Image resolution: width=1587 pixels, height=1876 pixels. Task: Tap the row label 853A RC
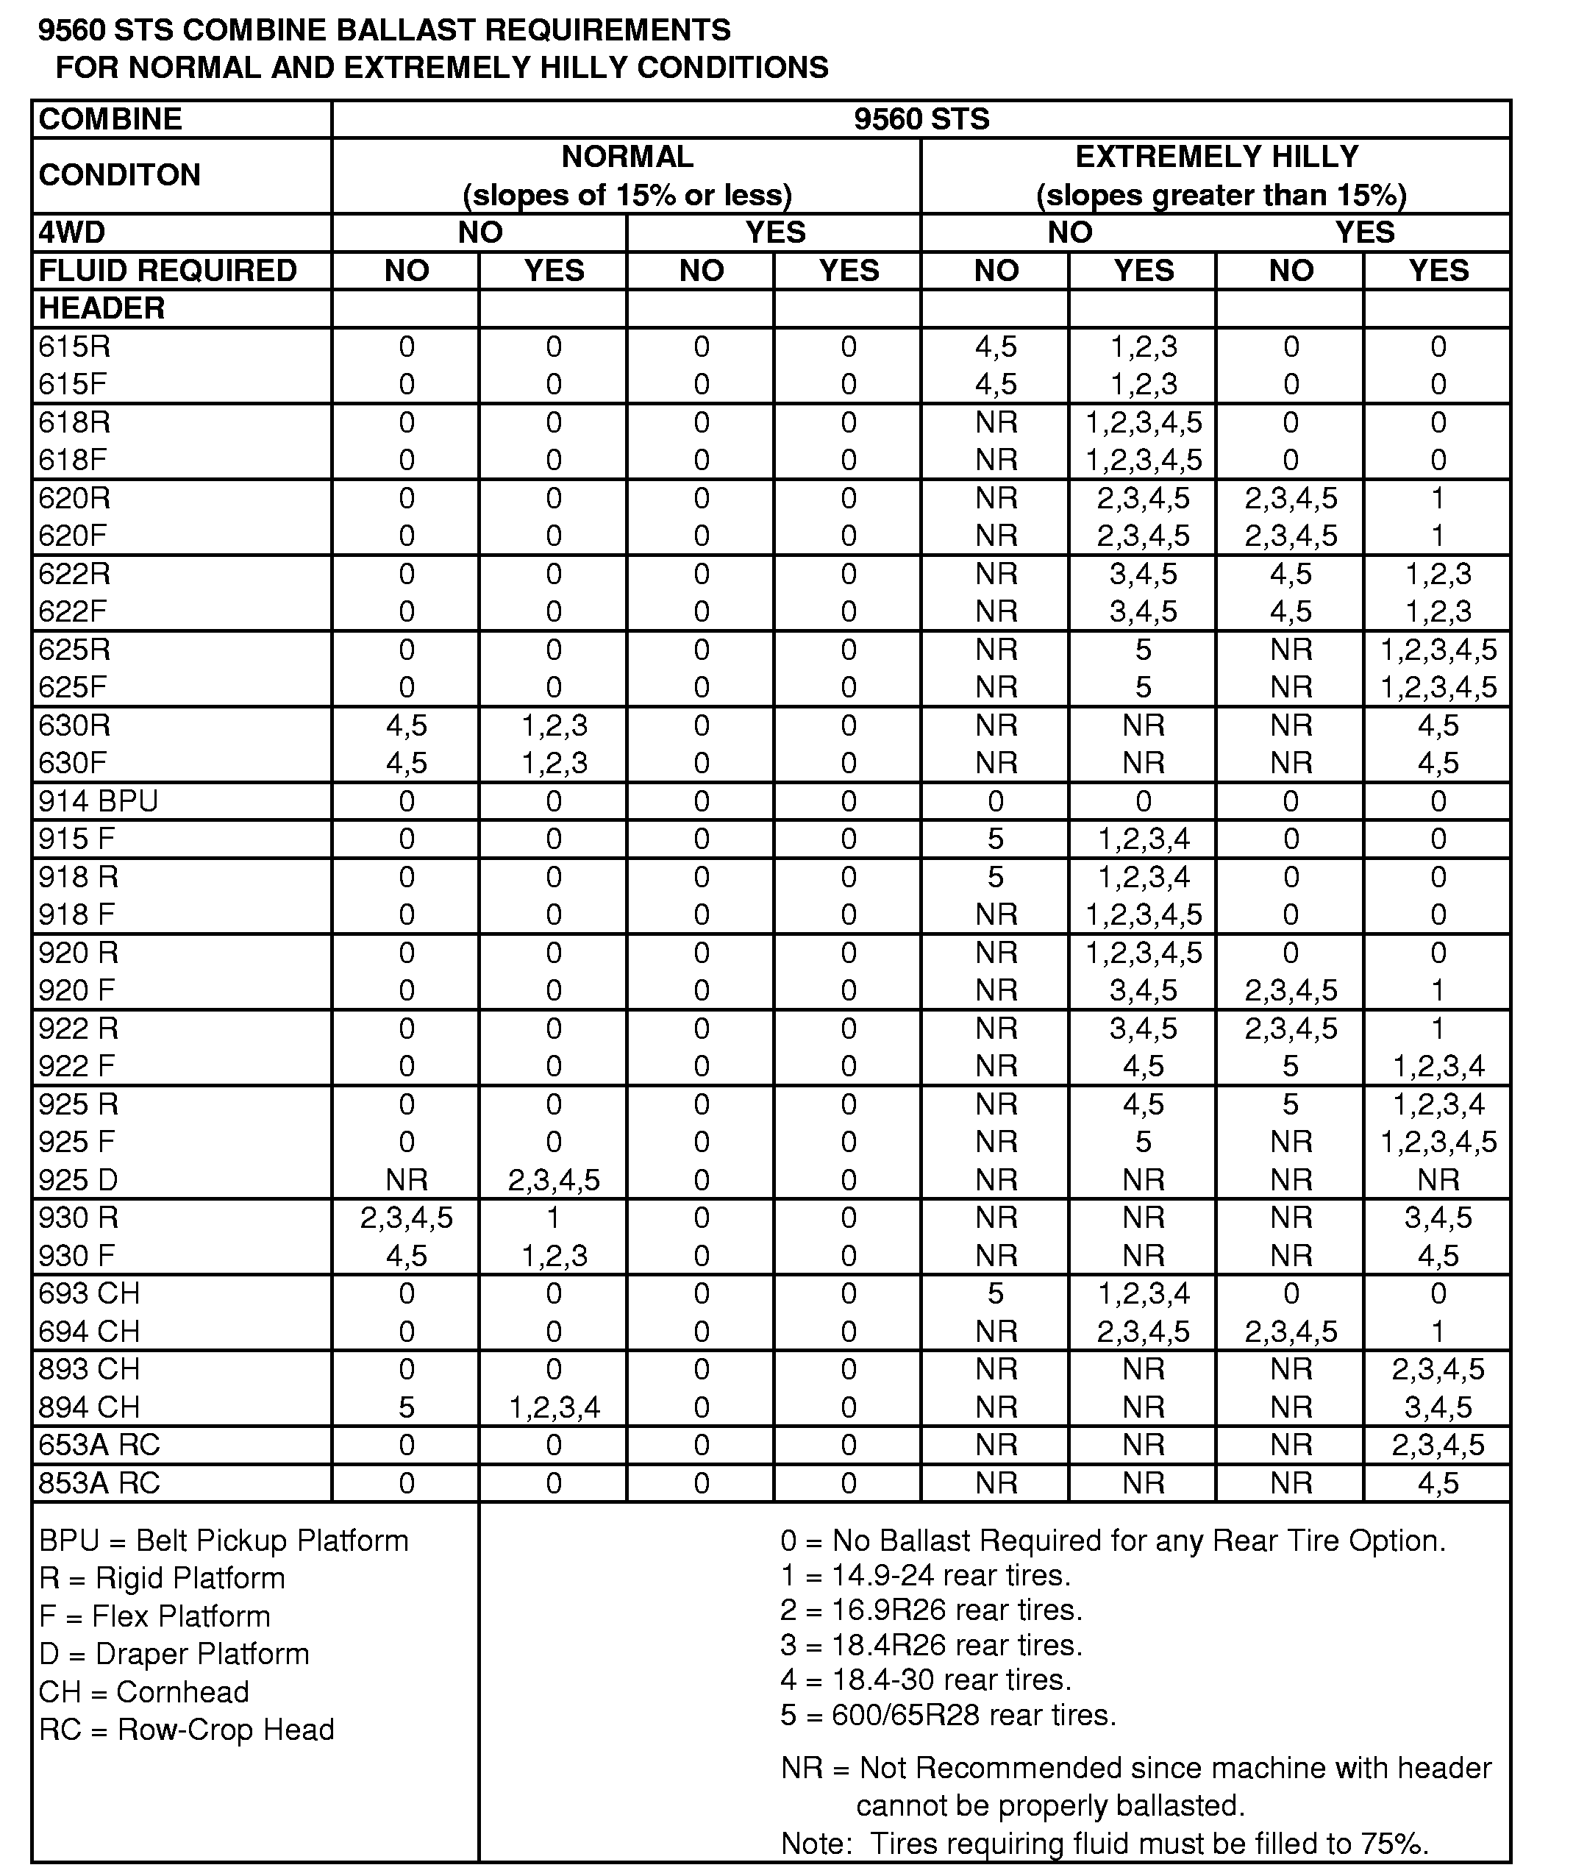[x=99, y=1483]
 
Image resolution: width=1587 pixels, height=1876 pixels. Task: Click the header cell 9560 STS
[x=921, y=118]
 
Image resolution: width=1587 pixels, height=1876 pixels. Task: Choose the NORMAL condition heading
[x=627, y=157]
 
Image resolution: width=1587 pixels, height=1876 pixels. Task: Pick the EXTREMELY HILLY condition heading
[x=1216, y=157]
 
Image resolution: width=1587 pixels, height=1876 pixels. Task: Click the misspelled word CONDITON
[x=120, y=174]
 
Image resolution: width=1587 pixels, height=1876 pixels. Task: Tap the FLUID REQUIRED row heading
[x=168, y=270]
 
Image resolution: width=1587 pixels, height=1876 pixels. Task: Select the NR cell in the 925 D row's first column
[x=407, y=1179]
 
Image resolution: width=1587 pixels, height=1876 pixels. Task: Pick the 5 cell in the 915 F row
[x=995, y=839]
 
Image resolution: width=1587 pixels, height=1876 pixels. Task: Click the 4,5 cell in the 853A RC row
[x=1438, y=1483]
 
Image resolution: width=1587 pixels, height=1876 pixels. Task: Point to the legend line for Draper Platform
[x=174, y=1654]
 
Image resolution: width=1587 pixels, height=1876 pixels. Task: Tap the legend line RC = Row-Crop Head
[x=186, y=1730]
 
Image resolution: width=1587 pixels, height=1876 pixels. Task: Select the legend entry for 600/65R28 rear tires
[x=947, y=1715]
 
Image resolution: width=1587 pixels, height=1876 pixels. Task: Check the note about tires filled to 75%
[x=1104, y=1844]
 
